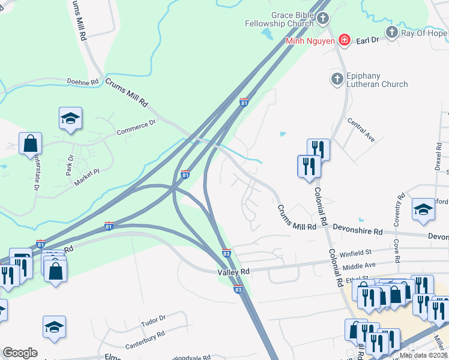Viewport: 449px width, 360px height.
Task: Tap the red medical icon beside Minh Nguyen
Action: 345,41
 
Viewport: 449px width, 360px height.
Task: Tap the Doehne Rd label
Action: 82,82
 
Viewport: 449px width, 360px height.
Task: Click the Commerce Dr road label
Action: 136,127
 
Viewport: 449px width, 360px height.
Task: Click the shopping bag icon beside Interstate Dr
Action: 30,144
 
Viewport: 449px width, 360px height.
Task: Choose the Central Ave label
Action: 361,130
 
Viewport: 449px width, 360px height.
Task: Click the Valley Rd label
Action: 233,272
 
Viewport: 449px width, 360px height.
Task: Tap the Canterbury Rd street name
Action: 145,340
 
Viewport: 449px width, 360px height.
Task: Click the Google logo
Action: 20,353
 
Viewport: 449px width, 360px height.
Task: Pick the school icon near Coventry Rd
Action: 423,210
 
